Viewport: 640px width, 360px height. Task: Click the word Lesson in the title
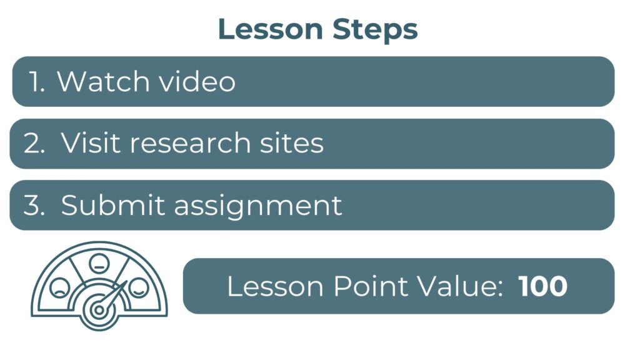(x=271, y=29)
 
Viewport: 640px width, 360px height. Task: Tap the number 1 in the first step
(x=36, y=81)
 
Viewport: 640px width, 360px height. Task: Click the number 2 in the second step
(x=34, y=143)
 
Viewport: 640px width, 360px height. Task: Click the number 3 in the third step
(x=34, y=205)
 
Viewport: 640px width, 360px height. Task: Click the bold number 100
(x=543, y=286)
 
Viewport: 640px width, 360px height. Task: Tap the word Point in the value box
(x=371, y=286)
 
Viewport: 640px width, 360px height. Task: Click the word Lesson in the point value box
(x=276, y=286)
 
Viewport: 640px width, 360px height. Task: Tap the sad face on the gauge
(x=59, y=287)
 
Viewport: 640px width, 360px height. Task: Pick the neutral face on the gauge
(x=99, y=264)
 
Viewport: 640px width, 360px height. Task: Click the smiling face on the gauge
(x=139, y=287)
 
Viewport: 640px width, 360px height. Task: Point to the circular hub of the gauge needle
(x=99, y=310)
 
